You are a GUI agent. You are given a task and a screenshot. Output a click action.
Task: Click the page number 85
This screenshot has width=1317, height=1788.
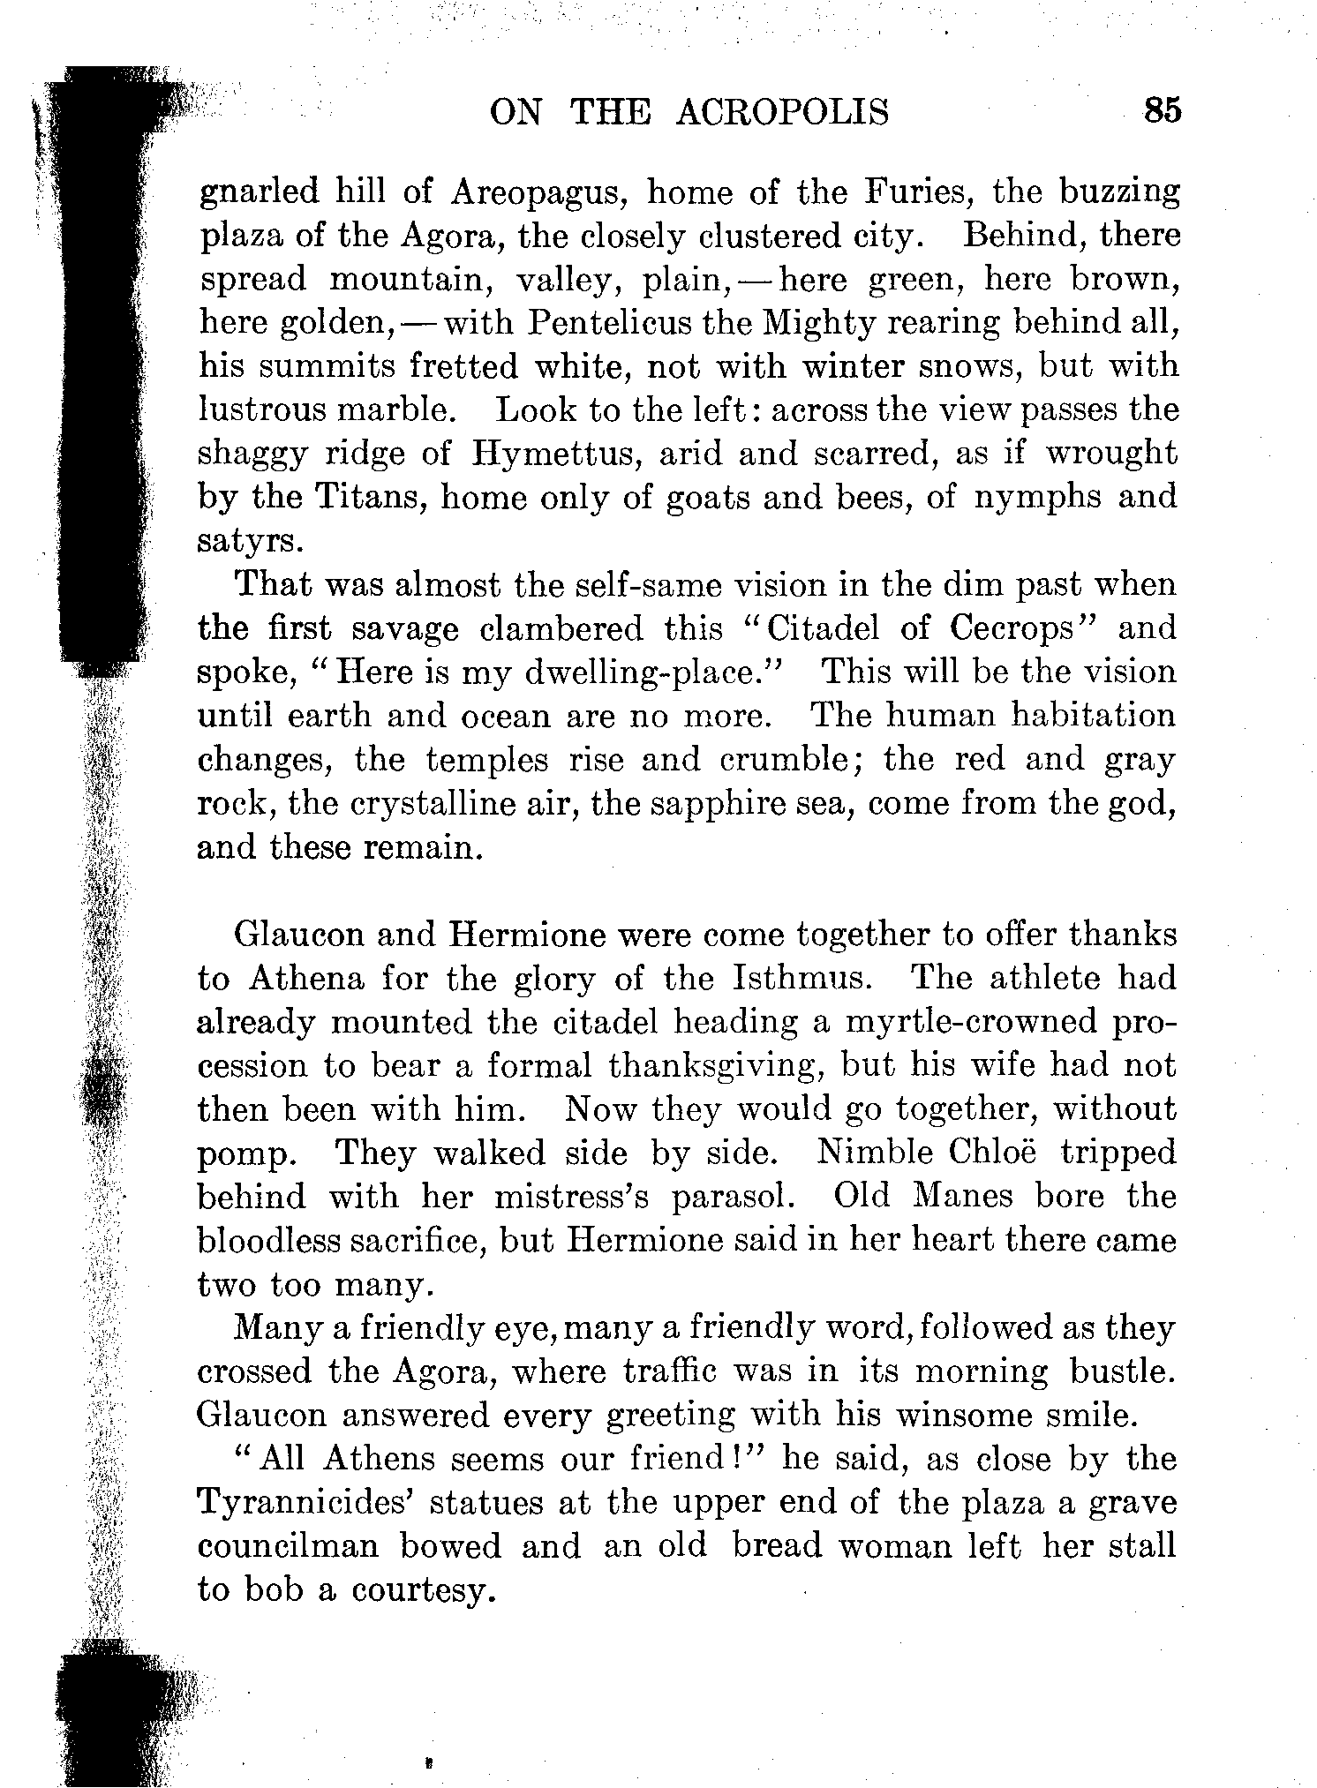[x=1161, y=112]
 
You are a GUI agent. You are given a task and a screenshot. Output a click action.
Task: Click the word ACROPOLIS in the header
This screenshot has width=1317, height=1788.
[x=782, y=113]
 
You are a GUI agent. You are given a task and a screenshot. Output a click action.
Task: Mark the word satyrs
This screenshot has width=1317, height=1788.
[x=250, y=541]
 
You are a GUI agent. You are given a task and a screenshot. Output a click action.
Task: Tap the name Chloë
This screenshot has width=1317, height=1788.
[x=993, y=1153]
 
